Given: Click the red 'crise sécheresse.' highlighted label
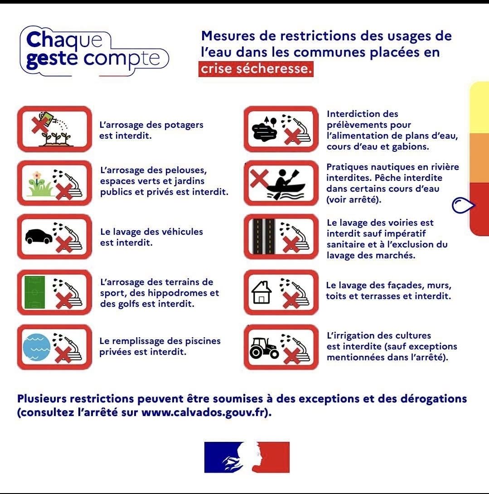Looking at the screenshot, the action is click(x=256, y=69).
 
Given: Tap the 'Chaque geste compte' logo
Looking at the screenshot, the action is click(x=94, y=51).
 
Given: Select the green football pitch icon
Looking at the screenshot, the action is click(x=34, y=292).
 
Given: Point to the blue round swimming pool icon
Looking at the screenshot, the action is click(x=37, y=347).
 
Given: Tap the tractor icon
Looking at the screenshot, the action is click(x=264, y=348).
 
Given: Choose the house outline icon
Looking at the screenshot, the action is click(x=261, y=292).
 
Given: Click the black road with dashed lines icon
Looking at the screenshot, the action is click(x=264, y=237).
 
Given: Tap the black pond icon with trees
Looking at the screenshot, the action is click(x=265, y=129).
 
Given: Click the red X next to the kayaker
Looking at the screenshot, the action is click(x=259, y=178).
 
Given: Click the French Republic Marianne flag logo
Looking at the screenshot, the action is click(x=247, y=457).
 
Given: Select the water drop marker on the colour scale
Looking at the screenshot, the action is click(x=463, y=205).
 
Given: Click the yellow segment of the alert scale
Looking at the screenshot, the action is click(x=479, y=107).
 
